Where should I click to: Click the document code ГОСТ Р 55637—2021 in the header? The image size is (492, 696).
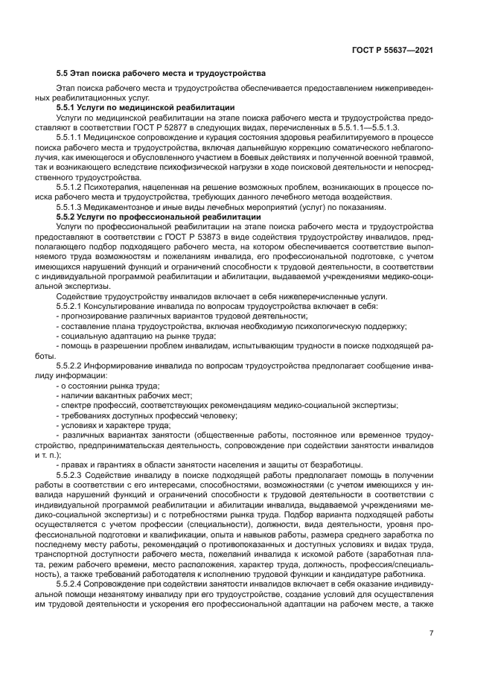click(x=392, y=50)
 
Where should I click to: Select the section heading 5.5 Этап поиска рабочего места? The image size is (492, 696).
click(x=161, y=74)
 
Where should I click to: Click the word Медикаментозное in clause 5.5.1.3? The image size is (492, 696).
click(x=119, y=206)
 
